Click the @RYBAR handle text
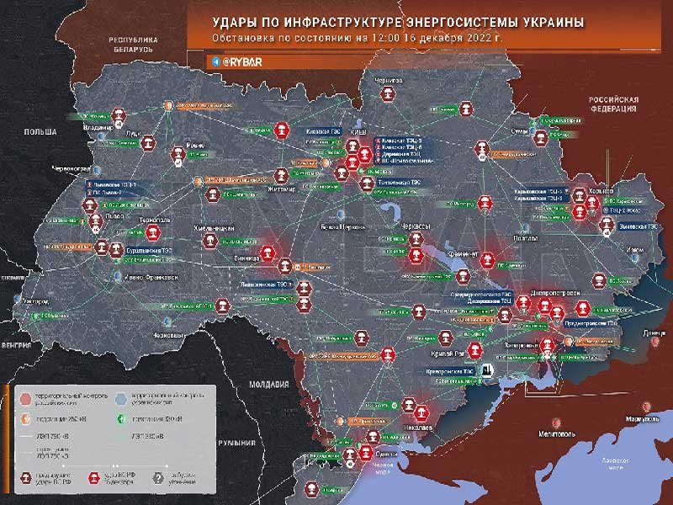coord(245,62)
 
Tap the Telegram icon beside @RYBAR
coord(216,62)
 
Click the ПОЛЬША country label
coord(40,132)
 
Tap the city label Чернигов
coord(383,80)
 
